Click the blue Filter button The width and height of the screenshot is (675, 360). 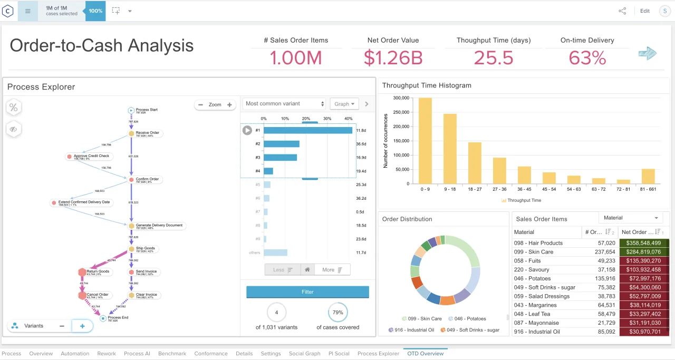pos(307,291)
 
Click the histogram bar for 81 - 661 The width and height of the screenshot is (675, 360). pos(648,177)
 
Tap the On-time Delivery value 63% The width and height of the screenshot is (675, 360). pos(587,57)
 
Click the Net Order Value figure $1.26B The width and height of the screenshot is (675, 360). pos(393,57)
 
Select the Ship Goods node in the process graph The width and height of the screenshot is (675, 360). pos(131,249)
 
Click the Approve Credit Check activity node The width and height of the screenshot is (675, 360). pos(69,157)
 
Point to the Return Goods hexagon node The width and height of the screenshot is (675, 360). pos(82,272)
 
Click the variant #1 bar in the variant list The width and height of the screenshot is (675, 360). pos(307,130)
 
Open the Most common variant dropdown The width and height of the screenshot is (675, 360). pos(285,104)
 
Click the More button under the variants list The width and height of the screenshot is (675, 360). pos(332,270)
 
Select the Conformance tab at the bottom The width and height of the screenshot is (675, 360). pos(211,354)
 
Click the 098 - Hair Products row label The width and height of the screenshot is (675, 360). pos(538,243)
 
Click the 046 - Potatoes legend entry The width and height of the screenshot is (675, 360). pos(467,319)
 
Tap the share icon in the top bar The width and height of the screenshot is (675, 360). pos(622,11)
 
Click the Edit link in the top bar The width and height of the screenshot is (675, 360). pos(644,11)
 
